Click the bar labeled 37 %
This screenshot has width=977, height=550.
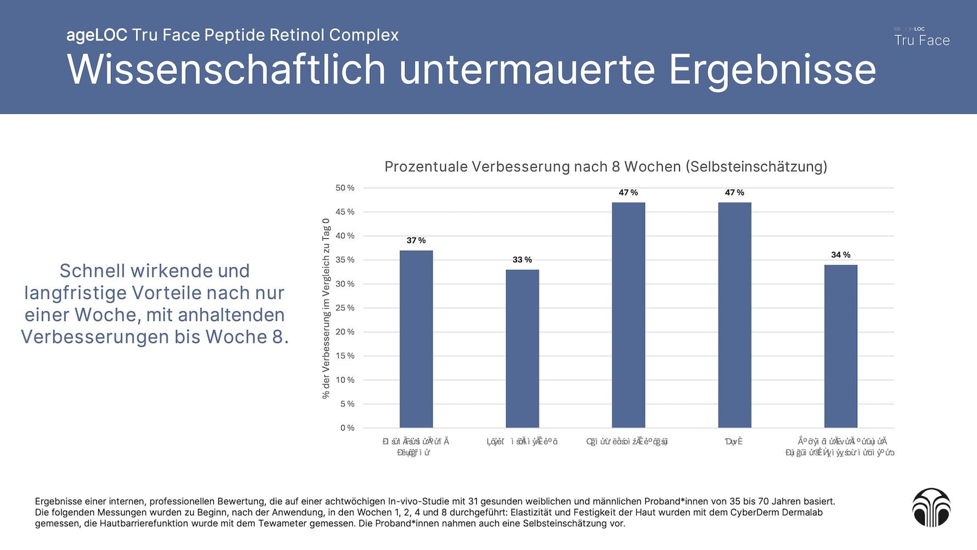416,339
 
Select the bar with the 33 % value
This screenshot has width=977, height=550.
522,349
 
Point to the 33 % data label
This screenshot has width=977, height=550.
522,260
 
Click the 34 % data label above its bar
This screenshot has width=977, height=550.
840,255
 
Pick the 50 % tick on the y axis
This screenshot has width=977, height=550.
345,188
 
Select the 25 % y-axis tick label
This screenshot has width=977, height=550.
345,308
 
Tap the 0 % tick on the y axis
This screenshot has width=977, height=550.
347,428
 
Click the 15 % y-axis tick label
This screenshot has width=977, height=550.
345,356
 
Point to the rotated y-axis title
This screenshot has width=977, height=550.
326,308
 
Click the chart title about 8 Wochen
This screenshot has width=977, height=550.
606,167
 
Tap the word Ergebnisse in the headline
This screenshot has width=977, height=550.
772,70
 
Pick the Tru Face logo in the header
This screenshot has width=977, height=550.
922,37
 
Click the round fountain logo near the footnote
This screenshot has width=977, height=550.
931,507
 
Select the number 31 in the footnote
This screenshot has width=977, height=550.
473,502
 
